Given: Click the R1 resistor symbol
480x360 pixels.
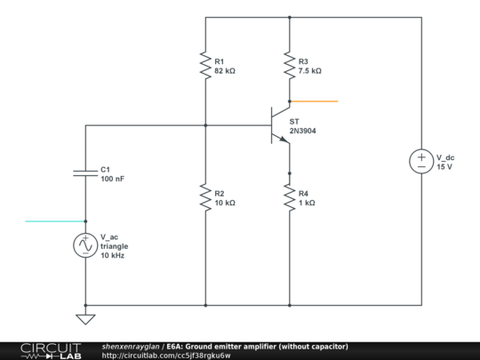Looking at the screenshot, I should (x=205, y=65).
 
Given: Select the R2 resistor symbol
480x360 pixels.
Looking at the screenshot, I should (x=205, y=198).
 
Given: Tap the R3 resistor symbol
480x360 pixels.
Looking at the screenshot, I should (x=290, y=65).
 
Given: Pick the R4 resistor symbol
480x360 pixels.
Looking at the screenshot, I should (x=290, y=198).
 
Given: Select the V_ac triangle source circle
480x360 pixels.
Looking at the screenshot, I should (x=85, y=245).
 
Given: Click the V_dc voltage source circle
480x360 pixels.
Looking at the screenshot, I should (x=420, y=161).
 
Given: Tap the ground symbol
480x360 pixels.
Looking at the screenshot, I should (x=85, y=318).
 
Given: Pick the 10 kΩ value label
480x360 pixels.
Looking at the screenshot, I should (x=225, y=203).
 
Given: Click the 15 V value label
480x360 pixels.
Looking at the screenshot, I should (x=444, y=166).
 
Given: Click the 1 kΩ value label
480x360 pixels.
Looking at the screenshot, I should (x=307, y=203).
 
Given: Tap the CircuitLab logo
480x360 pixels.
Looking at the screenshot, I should (x=50, y=350).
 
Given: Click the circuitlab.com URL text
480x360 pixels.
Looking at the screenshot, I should (x=166, y=356).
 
